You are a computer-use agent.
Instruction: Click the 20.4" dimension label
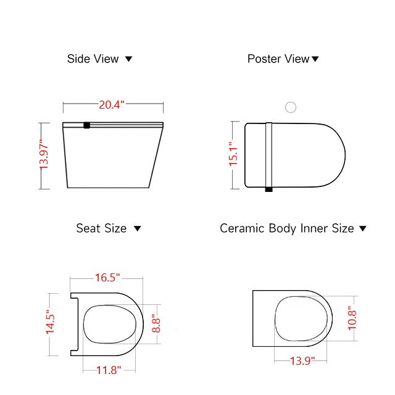click(112, 104)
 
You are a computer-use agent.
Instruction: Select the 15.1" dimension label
click(233, 154)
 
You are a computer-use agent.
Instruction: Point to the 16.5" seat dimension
click(107, 277)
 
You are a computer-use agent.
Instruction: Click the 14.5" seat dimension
click(51, 324)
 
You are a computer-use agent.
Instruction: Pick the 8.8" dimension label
click(157, 323)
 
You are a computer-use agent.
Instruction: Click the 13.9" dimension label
click(302, 360)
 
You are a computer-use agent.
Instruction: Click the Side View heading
click(93, 59)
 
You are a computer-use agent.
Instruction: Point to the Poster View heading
click(278, 59)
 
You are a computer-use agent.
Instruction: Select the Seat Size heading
click(101, 228)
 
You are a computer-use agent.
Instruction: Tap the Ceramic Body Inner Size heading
click(287, 228)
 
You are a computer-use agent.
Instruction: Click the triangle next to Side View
click(129, 59)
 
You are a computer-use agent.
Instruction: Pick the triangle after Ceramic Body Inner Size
click(363, 228)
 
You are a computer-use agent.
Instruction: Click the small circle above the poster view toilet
click(291, 107)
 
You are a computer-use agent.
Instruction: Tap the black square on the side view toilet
click(87, 125)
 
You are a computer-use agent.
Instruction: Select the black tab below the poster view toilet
click(268, 189)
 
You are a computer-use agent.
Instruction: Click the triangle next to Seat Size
click(138, 228)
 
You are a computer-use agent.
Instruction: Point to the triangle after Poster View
click(315, 59)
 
